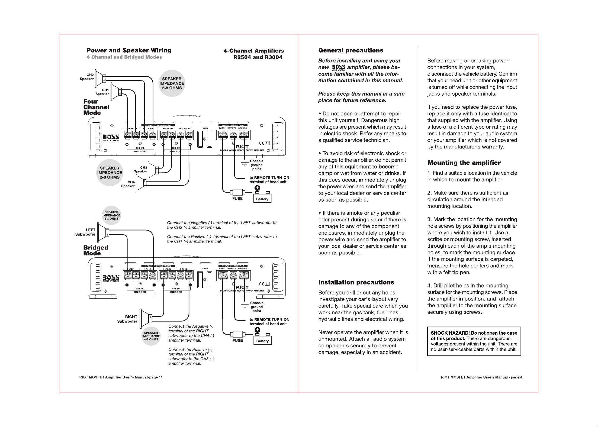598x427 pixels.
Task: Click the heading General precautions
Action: [x=351, y=50]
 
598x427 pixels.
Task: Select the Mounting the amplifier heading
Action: [x=464, y=163]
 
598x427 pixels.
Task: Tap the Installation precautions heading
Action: [x=356, y=282]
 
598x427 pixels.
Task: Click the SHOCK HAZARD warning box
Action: [x=474, y=341]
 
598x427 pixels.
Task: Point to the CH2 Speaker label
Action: [x=87, y=77]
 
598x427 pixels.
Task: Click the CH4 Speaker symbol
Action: [x=141, y=183]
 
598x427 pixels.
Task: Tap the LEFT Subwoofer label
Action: [x=85, y=232]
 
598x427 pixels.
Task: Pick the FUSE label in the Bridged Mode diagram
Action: [x=237, y=341]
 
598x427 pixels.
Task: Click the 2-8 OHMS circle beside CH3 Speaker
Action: [x=110, y=173]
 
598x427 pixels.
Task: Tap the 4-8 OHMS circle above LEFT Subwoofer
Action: [x=111, y=215]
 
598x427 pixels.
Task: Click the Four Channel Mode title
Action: [x=96, y=107]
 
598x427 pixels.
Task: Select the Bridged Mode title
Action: [x=96, y=250]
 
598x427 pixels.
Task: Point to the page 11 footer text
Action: [x=121, y=377]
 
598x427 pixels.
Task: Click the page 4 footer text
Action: [x=481, y=377]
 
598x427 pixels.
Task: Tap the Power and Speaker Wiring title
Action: [x=129, y=50]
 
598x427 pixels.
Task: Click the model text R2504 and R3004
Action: [x=258, y=57]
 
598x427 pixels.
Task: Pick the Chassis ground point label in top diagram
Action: [x=256, y=165]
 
